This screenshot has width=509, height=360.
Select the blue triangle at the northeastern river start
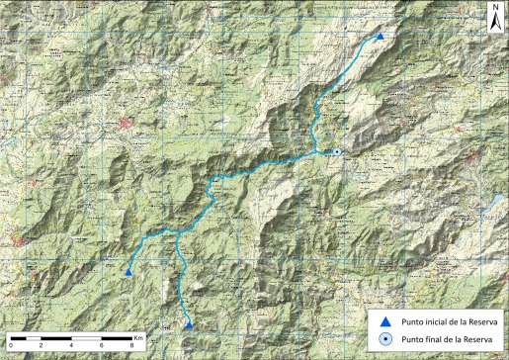click(x=380, y=37)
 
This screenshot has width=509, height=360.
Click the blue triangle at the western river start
click(x=128, y=272)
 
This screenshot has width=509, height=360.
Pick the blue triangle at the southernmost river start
click(x=189, y=323)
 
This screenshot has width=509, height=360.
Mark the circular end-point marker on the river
click(x=337, y=151)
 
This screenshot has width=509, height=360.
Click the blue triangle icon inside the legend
click(x=385, y=321)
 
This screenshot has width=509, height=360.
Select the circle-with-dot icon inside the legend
click(x=385, y=339)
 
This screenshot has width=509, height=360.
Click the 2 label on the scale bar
click(x=41, y=345)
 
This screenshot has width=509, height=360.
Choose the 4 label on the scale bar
click(x=71, y=345)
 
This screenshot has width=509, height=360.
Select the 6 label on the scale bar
click(x=102, y=345)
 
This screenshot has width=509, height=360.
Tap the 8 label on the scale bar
click(x=132, y=345)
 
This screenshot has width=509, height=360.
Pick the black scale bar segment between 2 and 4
click(x=55, y=337)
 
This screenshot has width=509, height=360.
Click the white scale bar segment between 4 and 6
click(x=86, y=337)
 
